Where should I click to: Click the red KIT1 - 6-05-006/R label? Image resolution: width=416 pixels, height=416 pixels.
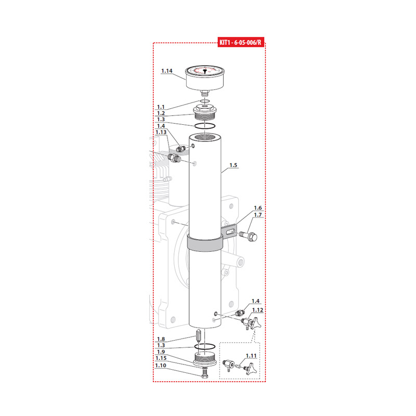coord(241,42)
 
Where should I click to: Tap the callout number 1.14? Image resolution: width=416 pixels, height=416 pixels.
coord(166,71)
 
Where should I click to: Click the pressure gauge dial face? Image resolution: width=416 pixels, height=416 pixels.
coord(204,71)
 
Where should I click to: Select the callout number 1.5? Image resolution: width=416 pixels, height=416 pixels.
coord(233,165)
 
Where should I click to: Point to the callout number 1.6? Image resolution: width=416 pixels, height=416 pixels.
coord(257,207)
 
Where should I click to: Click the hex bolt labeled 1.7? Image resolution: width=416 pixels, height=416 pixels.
coord(249,236)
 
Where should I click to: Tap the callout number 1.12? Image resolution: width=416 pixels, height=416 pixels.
coord(257,310)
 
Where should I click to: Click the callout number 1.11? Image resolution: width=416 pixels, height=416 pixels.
coord(251,356)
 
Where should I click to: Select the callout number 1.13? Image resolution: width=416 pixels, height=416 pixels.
coord(161,132)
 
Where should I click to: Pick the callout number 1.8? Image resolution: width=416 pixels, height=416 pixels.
coord(161,339)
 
